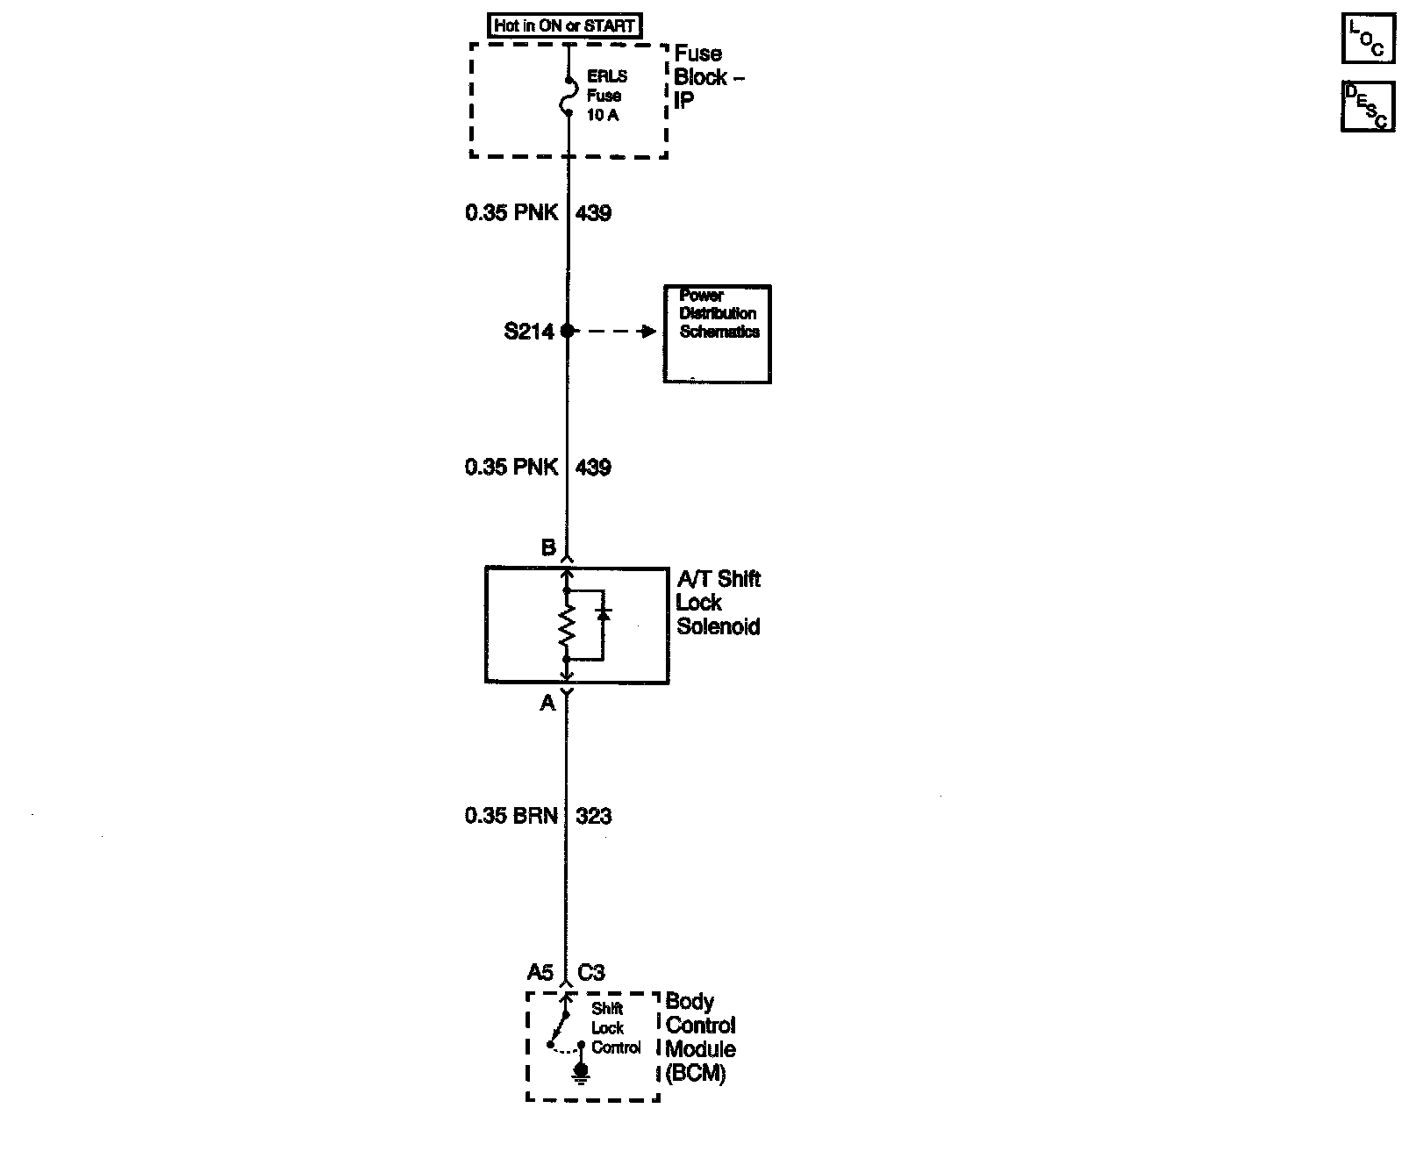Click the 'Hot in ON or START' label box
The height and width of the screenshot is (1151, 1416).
pyautogui.click(x=563, y=25)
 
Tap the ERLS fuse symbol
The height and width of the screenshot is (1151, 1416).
pyautogui.click(x=567, y=96)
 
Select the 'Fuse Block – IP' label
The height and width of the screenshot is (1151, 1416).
pyautogui.click(x=709, y=77)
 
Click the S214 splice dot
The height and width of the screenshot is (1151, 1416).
pyautogui.click(x=567, y=331)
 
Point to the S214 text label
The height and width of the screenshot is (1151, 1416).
pyautogui.click(x=529, y=332)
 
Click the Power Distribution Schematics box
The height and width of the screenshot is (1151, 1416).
pyautogui.click(x=717, y=333)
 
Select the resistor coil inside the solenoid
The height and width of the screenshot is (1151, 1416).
pyautogui.click(x=567, y=625)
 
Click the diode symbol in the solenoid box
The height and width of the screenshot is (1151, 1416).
pyautogui.click(x=603, y=613)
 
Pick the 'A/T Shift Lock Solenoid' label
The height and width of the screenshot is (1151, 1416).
pyautogui.click(x=719, y=603)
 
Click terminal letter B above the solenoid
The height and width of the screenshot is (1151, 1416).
pyautogui.click(x=548, y=548)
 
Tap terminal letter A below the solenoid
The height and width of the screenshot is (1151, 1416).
pyautogui.click(x=547, y=703)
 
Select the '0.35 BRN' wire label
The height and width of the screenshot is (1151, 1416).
pyautogui.click(x=511, y=816)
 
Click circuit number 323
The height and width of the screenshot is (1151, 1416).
pyautogui.click(x=594, y=816)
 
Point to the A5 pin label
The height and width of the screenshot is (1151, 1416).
pyautogui.click(x=540, y=972)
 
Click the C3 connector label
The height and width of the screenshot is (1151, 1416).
pyautogui.click(x=591, y=972)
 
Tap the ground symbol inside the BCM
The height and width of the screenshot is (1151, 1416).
pyautogui.click(x=580, y=1073)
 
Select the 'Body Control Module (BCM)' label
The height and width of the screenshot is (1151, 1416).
pyautogui.click(x=700, y=1037)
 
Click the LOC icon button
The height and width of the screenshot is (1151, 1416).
pyautogui.click(x=1367, y=39)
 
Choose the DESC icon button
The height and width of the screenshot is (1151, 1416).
pyautogui.click(x=1367, y=106)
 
